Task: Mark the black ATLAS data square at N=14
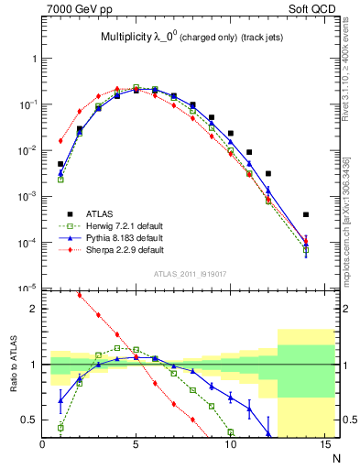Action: pos(305,214)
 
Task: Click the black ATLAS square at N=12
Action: pos(267,173)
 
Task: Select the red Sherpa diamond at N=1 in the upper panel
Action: pos(60,141)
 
